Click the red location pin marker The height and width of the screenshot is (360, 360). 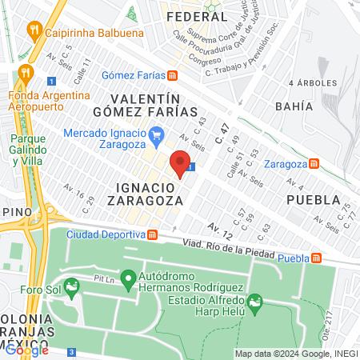181,162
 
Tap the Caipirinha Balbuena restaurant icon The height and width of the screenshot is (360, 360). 34,32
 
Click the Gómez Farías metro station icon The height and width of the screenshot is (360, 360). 172,75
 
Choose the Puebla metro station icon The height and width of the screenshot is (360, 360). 318,258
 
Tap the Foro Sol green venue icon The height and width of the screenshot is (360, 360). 73,286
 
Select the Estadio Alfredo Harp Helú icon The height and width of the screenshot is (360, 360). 255,302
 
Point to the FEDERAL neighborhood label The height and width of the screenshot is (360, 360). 197,15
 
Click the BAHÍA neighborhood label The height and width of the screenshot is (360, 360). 308,104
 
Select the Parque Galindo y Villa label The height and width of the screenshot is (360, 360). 27,149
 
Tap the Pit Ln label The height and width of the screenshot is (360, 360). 105,279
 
